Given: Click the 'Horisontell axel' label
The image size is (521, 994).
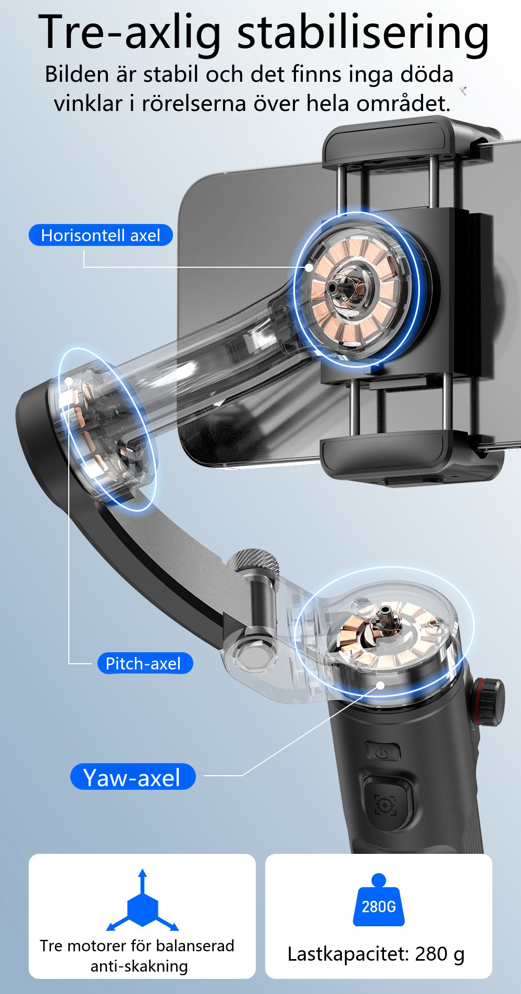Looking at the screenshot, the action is click(x=101, y=235).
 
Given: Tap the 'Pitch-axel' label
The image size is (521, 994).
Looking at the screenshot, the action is click(x=145, y=663).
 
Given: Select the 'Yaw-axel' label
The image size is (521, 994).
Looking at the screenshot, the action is click(x=133, y=777).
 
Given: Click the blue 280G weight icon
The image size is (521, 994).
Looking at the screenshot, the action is click(x=379, y=900).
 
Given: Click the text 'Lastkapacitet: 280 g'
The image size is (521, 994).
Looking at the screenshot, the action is click(x=376, y=954).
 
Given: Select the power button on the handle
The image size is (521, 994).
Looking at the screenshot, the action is click(x=383, y=752).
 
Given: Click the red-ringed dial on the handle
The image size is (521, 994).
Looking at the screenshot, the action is click(x=488, y=701).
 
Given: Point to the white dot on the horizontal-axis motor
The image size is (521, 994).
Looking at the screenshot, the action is click(x=309, y=267).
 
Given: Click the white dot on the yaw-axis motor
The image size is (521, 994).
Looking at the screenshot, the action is click(x=381, y=686).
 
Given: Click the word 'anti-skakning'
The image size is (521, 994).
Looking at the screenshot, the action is click(x=139, y=966).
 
